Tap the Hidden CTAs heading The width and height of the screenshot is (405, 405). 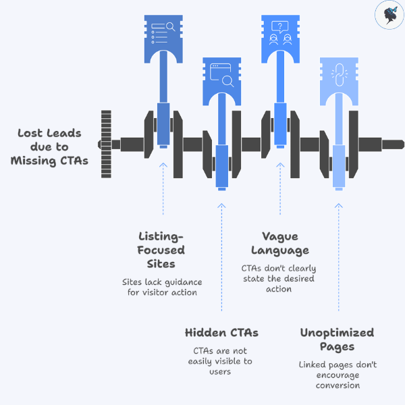(x=221, y=332)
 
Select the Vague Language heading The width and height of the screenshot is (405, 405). (x=279, y=243)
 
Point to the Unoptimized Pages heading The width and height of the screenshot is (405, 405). (x=337, y=339)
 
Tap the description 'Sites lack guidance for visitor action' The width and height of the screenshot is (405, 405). (x=162, y=287)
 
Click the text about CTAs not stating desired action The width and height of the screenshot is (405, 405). (x=278, y=278)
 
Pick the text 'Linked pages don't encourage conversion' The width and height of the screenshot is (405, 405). (x=337, y=375)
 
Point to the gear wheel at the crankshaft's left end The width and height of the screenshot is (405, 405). (x=105, y=144)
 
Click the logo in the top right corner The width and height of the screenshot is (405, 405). (x=389, y=15)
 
